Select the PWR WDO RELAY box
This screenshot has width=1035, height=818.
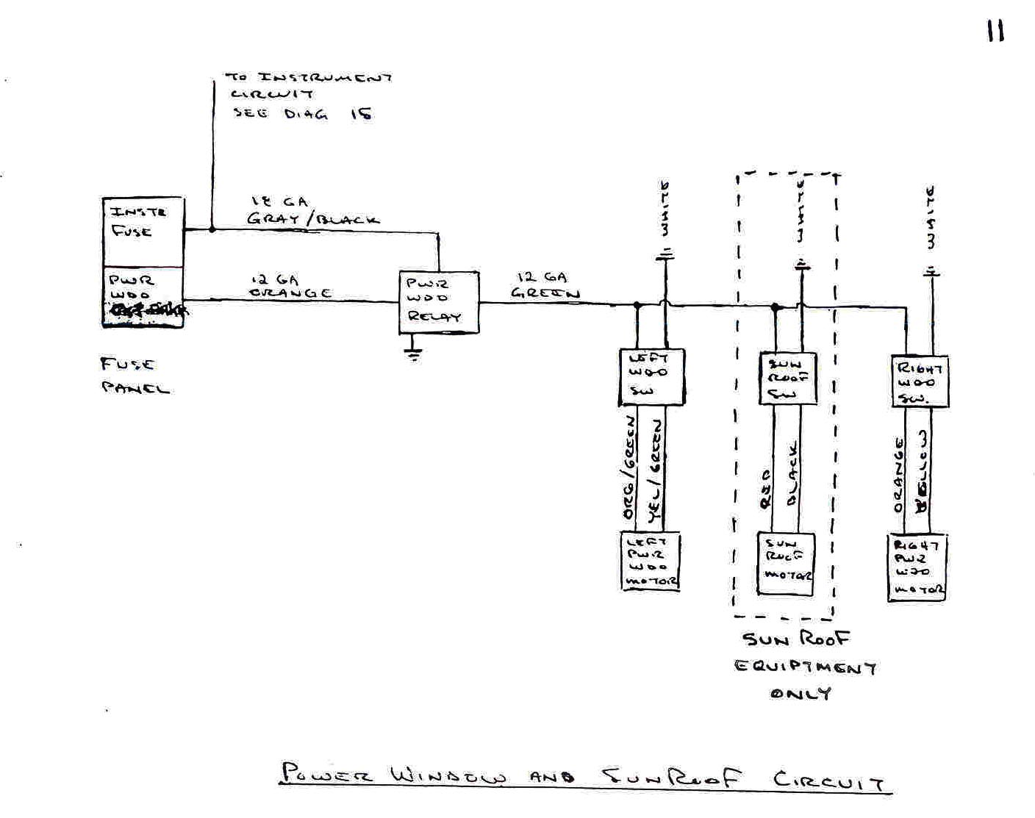click(439, 302)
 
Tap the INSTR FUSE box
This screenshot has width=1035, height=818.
click(143, 232)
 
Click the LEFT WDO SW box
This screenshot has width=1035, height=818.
click(651, 376)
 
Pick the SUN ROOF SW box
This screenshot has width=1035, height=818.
click(787, 378)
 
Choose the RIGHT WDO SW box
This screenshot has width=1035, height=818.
click(919, 381)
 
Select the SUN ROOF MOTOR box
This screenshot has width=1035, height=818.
click(786, 563)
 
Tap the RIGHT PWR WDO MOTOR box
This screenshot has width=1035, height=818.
click(917, 567)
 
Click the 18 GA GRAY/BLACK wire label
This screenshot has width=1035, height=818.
click(312, 211)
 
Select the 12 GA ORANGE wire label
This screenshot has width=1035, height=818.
click(290, 287)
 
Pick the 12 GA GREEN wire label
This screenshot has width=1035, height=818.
click(545, 285)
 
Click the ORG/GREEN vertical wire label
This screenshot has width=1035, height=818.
click(629, 468)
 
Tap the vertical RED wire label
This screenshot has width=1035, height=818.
click(765, 489)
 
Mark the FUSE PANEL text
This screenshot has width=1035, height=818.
click(135, 376)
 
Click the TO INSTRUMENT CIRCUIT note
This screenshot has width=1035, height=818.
click(307, 95)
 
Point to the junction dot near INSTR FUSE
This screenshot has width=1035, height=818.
click(212, 229)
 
